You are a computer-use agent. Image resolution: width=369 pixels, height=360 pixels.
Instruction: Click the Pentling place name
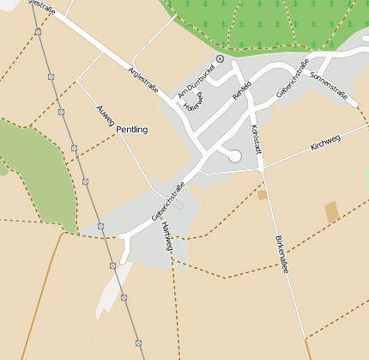click(131, 129)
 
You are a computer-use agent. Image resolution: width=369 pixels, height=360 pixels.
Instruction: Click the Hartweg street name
click(166, 234)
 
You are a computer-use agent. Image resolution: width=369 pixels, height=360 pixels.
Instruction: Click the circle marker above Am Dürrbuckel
click(220, 58)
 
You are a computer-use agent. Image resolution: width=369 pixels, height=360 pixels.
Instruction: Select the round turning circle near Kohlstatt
click(233, 156)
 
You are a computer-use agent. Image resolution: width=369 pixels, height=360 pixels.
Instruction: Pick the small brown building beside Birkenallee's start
click(263, 195)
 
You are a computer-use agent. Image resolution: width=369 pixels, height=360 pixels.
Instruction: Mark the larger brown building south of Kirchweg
click(332, 211)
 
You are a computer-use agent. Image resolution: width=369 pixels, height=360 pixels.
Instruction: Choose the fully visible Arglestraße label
click(144, 82)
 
